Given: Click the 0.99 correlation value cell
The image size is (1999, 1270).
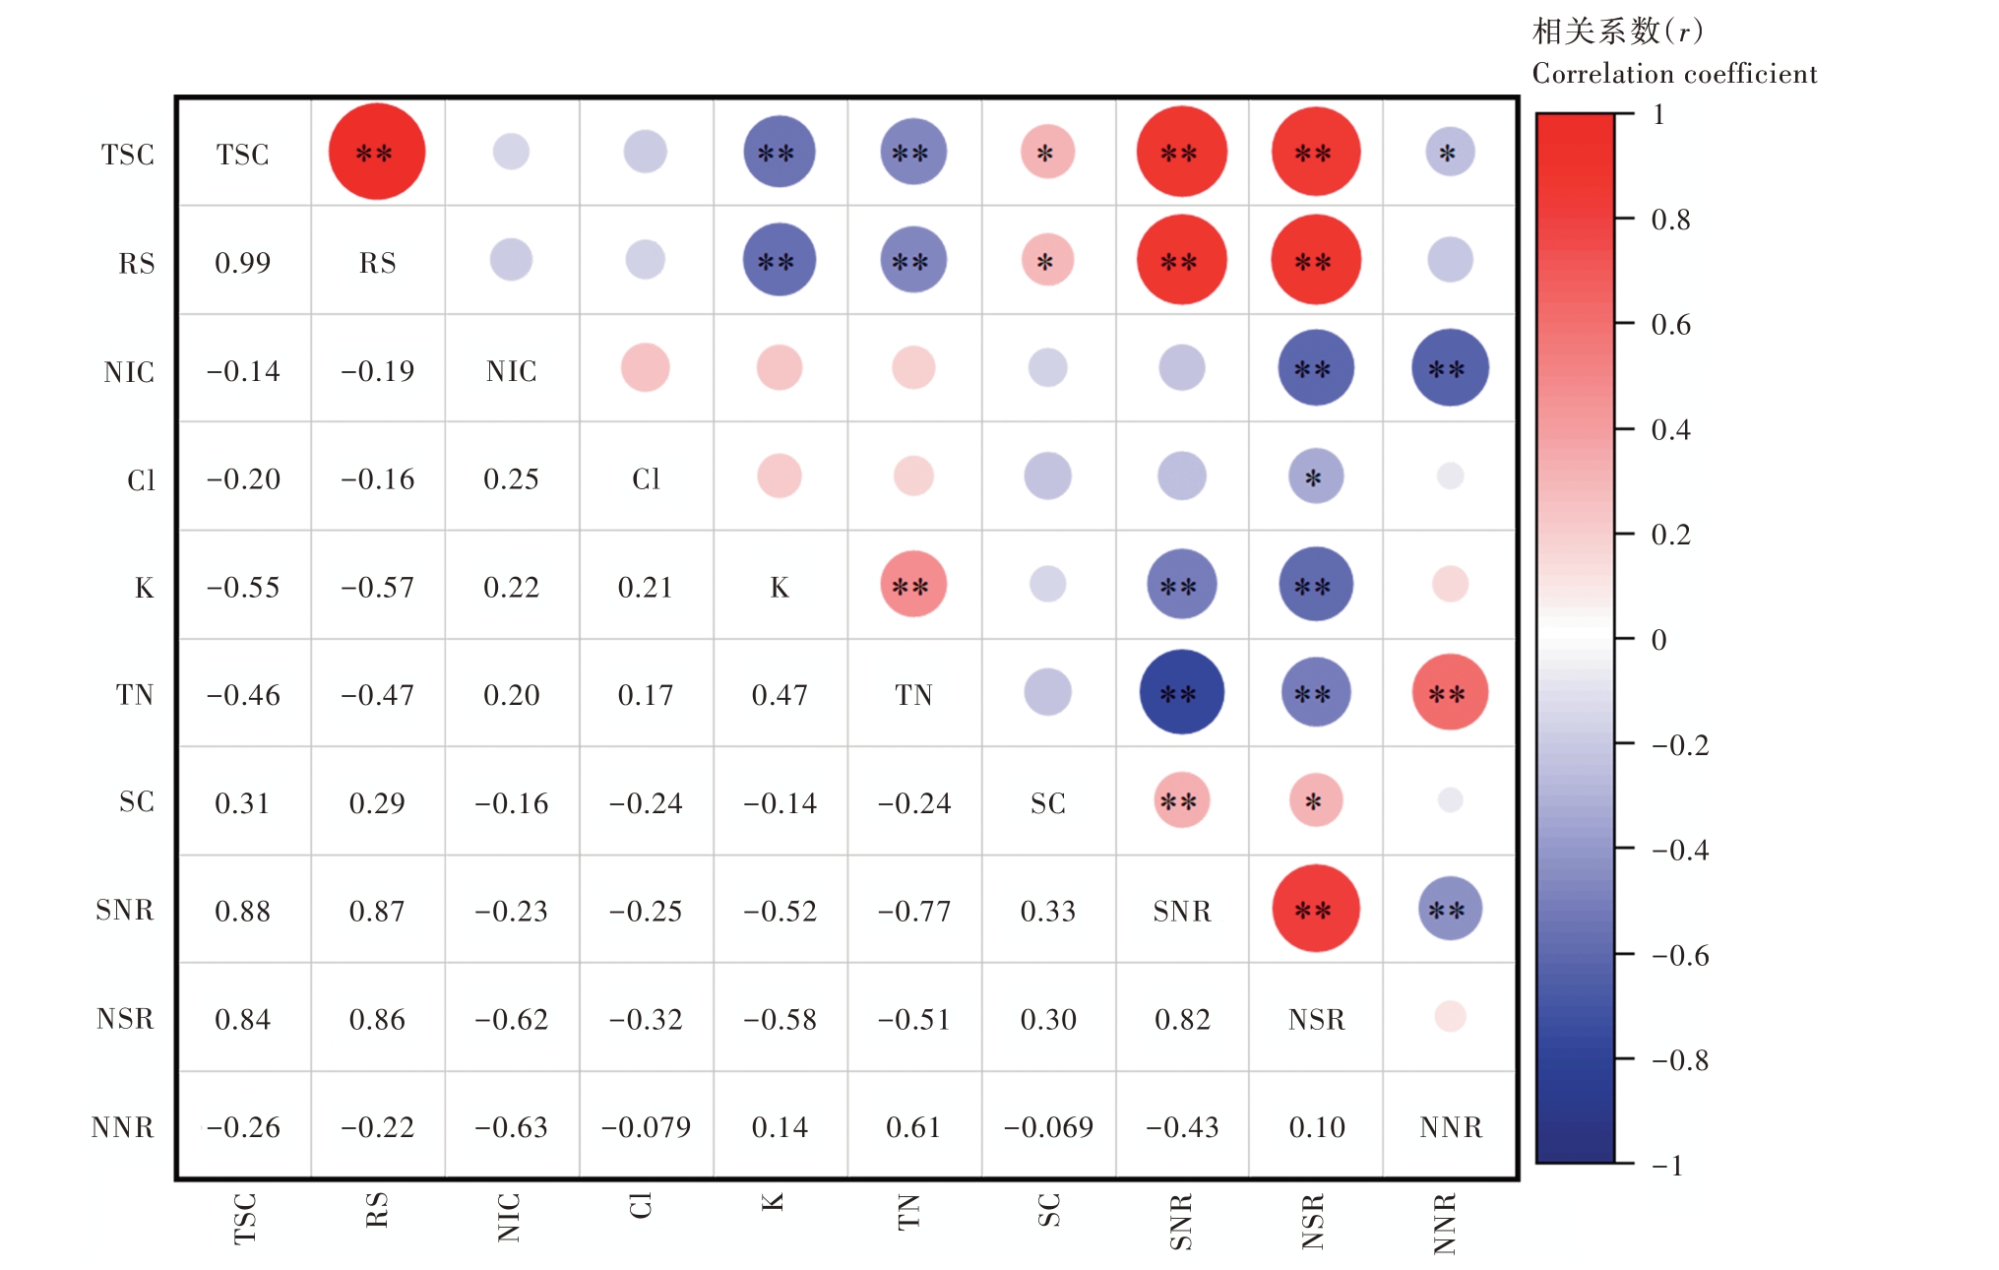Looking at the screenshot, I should [242, 263].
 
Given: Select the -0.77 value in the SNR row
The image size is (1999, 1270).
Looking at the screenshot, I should [914, 912].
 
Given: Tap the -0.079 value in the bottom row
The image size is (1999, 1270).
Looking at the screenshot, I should [646, 1127].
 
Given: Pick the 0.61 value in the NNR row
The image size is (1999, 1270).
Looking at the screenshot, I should [914, 1127].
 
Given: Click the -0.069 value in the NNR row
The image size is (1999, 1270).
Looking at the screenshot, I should [1048, 1127].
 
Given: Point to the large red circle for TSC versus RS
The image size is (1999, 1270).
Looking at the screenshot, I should [377, 152].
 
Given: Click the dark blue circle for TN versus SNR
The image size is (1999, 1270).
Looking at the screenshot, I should [1181, 692].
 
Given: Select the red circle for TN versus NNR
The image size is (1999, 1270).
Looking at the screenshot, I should [1450, 692].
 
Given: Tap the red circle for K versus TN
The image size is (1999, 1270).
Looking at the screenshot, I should [913, 585].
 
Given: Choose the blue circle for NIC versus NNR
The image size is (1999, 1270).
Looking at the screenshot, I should [1450, 368].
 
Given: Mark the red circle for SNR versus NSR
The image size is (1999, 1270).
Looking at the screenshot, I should [1316, 909].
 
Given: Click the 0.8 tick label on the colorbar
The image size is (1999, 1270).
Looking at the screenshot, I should [1670, 220].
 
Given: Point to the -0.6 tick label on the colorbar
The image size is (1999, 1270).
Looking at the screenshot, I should [1679, 956].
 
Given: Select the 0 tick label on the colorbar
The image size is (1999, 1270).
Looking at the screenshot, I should [1659, 640].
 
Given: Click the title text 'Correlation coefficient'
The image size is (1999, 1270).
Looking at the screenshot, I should [1674, 74].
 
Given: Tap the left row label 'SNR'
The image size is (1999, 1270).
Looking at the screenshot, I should [125, 911].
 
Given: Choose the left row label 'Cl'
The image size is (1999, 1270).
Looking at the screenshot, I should [141, 480].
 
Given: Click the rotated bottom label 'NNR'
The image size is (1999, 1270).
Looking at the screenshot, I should [1445, 1224].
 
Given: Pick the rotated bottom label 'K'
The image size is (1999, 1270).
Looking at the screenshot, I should [774, 1202].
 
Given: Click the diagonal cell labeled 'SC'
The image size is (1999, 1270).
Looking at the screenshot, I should [1048, 803].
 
